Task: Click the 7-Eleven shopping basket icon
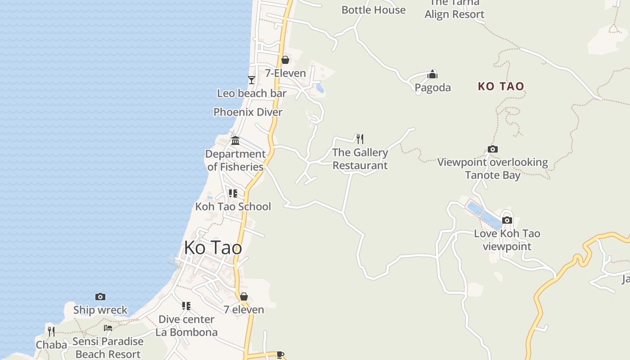[x=285, y=60]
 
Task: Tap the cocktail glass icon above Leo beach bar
[x=252, y=80]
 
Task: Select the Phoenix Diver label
[x=248, y=112]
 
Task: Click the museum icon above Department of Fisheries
[x=235, y=141]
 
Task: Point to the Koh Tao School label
[x=233, y=207]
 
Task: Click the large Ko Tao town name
[x=213, y=248]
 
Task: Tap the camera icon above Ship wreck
[x=100, y=297]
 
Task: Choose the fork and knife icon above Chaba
[x=51, y=332]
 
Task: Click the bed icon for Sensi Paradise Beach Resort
[x=108, y=328]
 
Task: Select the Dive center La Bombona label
[x=186, y=326]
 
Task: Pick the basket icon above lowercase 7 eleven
[x=243, y=297]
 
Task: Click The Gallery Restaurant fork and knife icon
[x=360, y=139]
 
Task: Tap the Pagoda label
[x=432, y=87]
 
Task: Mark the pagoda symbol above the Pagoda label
[x=432, y=74]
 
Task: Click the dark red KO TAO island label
[x=501, y=86]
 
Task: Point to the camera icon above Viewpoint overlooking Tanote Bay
[x=493, y=149]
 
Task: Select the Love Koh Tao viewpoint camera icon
[x=507, y=220]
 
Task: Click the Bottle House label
[x=373, y=10]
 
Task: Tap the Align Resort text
[x=454, y=14]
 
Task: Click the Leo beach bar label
[x=252, y=94]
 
